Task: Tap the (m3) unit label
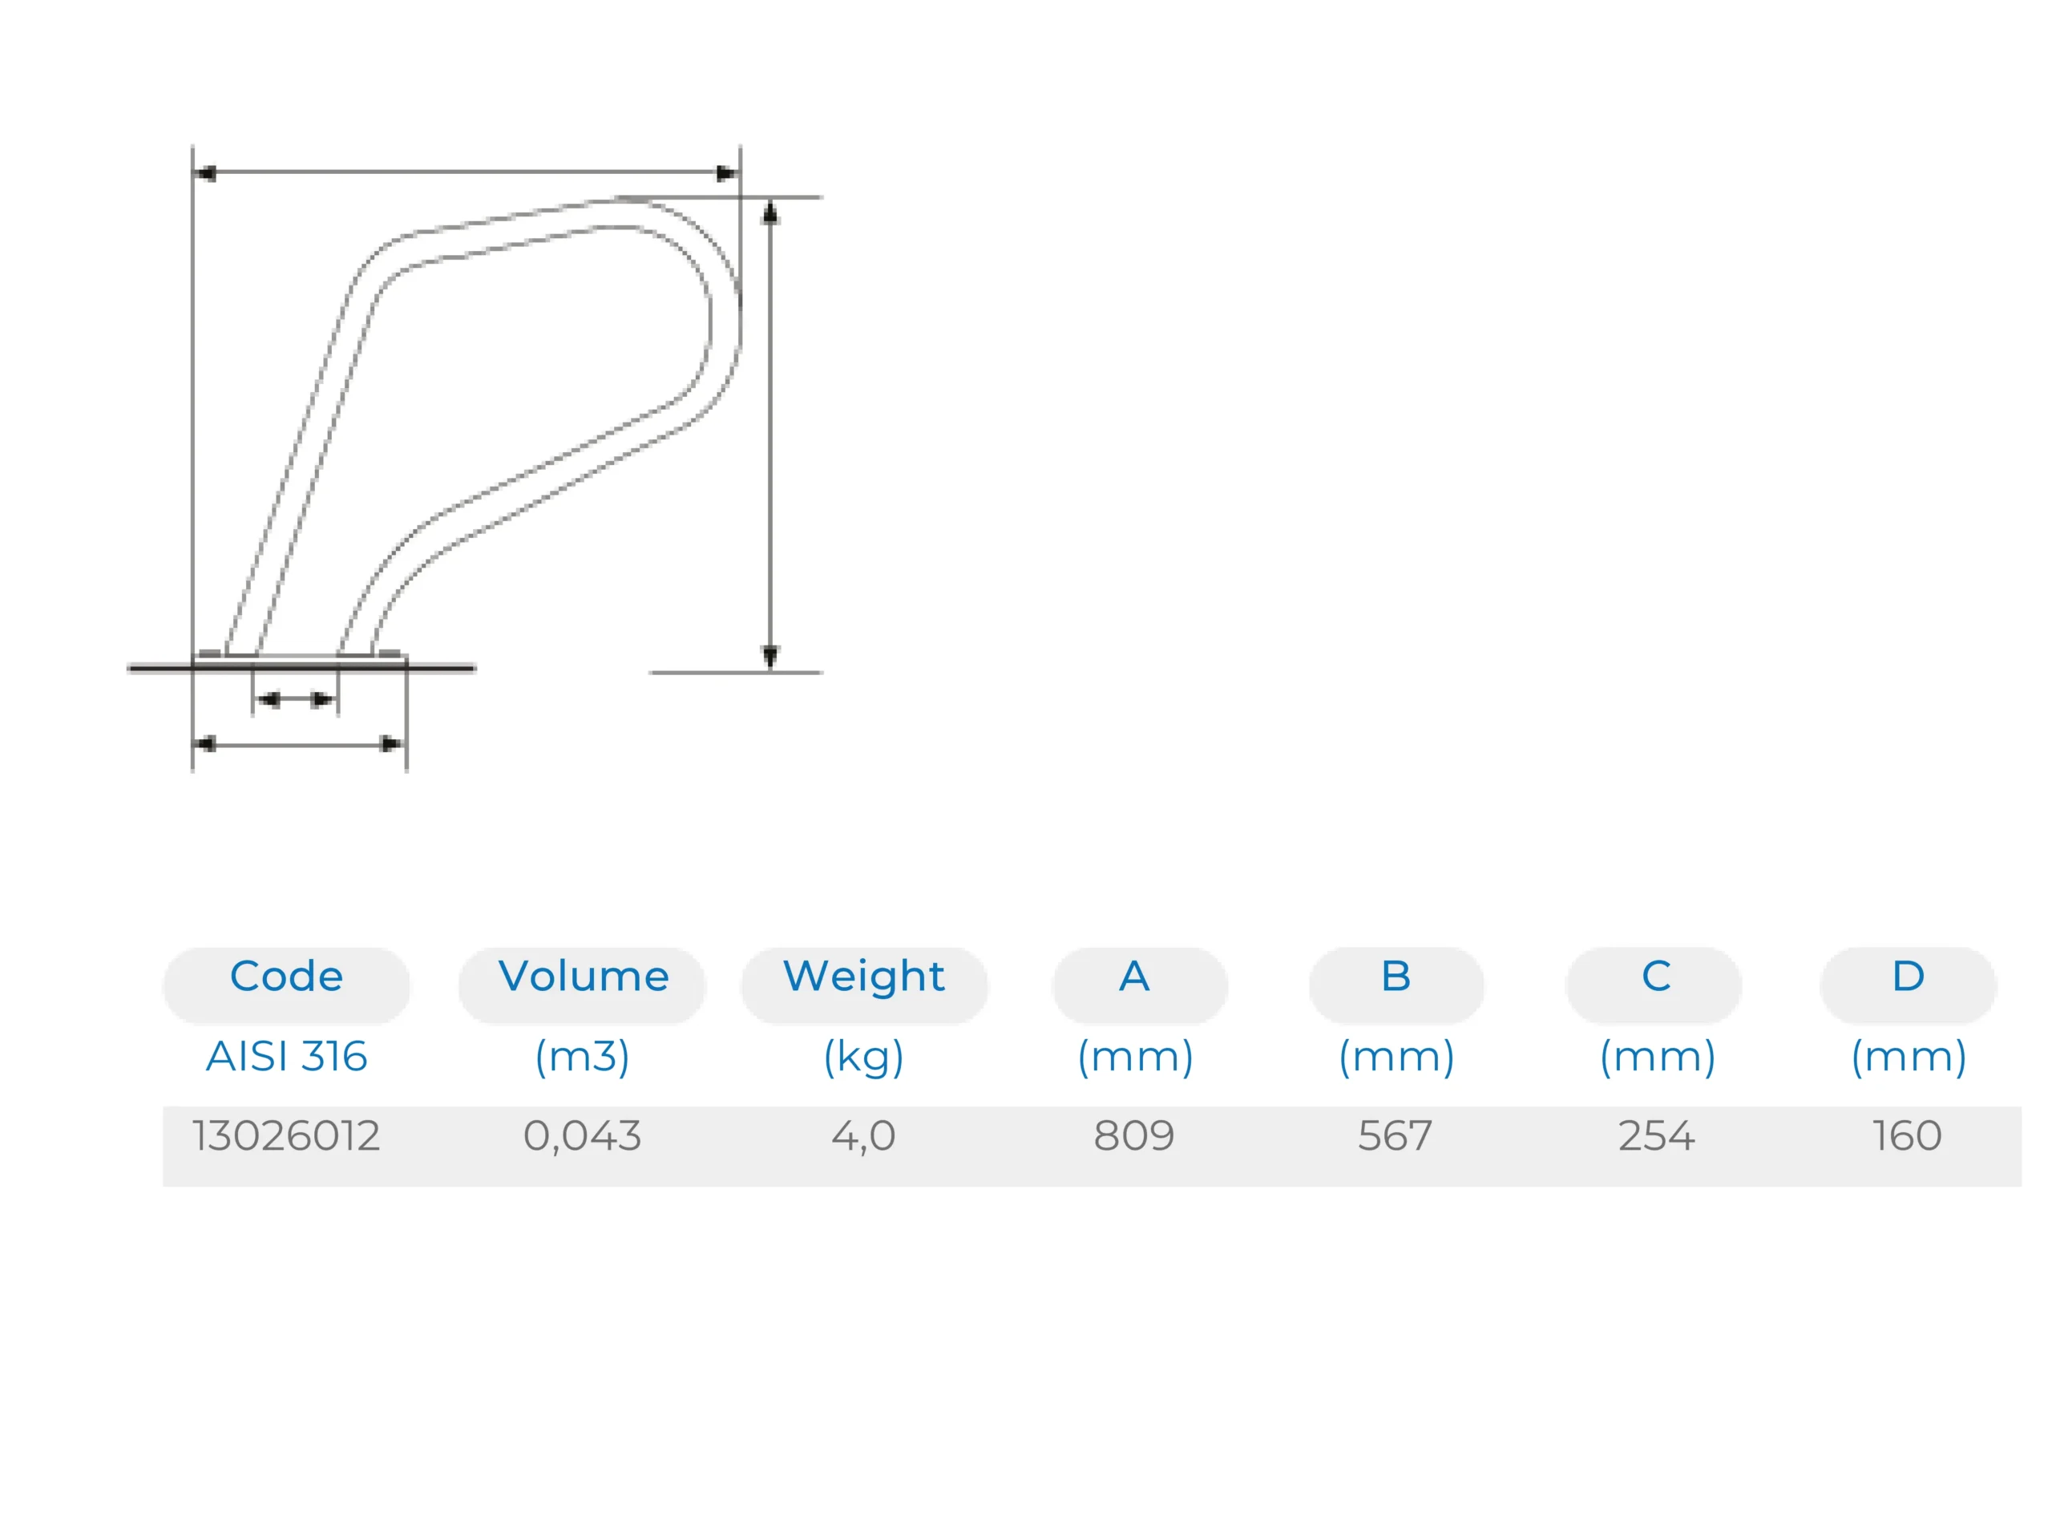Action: pyautogui.click(x=582, y=1058)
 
